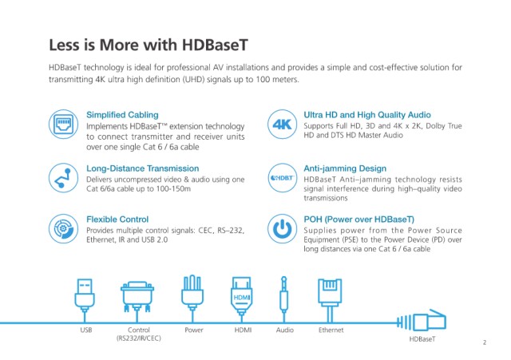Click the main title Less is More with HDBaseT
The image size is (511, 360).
[149, 45]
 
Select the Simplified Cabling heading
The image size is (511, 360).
[122, 115]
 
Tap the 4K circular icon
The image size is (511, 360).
[282, 125]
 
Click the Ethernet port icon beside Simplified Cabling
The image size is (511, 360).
[64, 125]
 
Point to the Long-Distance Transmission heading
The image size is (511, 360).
[142, 168]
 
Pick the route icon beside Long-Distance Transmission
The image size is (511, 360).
[64, 178]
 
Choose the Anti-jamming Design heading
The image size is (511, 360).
[345, 168]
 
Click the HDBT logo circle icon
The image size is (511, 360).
[282, 178]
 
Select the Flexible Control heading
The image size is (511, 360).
[117, 220]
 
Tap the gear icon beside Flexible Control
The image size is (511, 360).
[64, 229]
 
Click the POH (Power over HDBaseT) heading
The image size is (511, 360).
[358, 220]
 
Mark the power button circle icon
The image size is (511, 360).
[282, 229]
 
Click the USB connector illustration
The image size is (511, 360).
[85, 295]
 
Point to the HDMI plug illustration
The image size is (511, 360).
[241, 295]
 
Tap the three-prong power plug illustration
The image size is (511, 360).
[192, 293]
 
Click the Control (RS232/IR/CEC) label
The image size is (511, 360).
[138, 334]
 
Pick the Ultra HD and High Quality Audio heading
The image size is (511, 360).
[367, 115]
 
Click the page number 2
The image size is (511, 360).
[485, 342]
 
